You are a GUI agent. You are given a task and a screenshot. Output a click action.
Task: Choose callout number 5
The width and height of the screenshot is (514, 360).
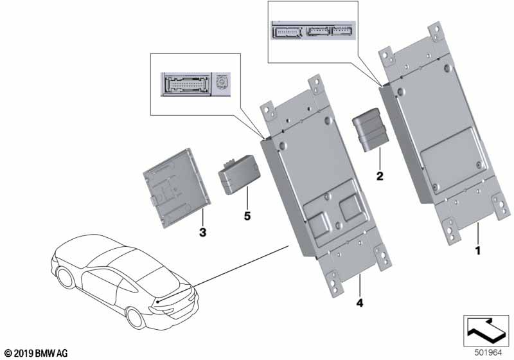[246, 217]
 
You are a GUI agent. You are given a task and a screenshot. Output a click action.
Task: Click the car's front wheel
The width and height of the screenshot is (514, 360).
[66, 278]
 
